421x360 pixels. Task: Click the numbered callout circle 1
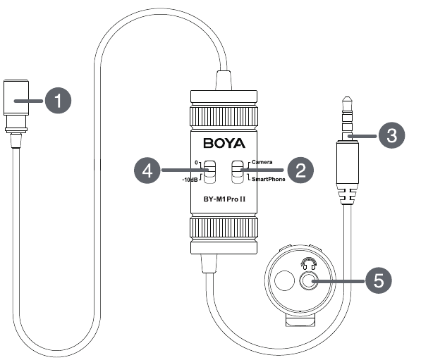tap(59, 101)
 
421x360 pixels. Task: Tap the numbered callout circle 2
tap(300, 170)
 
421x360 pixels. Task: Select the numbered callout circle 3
tap(391, 135)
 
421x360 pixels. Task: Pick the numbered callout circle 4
tap(147, 170)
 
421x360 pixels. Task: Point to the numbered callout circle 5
tap(379, 280)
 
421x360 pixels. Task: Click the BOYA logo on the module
tap(224, 143)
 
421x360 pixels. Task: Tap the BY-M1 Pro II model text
tap(224, 199)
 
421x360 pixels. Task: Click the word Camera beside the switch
tap(262, 162)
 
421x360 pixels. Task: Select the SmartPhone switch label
tap(268, 179)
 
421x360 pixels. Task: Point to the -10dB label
tap(190, 180)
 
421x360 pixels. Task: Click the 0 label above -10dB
tap(196, 162)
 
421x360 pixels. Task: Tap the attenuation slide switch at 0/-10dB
tap(209, 172)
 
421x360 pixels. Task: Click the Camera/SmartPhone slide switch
tap(238, 172)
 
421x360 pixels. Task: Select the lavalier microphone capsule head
tap(16, 98)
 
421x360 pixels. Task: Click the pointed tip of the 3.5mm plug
tap(347, 97)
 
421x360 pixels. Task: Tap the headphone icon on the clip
tap(308, 263)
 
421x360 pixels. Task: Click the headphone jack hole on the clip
tap(309, 281)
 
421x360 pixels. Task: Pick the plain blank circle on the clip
tap(285, 280)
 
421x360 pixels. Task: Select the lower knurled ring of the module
tap(224, 228)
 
